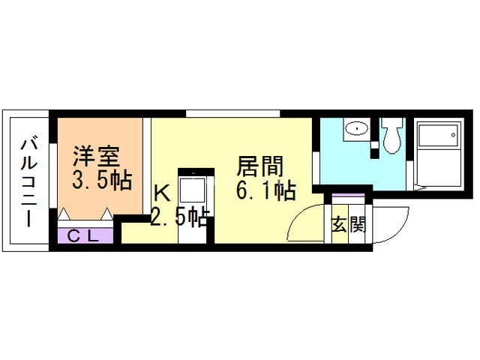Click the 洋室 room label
[x=96, y=157]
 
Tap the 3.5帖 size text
[x=102, y=180]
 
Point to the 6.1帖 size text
[x=264, y=190]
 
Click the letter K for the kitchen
[x=161, y=192]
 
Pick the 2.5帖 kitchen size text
[x=179, y=217]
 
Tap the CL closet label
[x=85, y=235]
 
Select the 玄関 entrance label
[x=348, y=225]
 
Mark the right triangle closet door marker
[x=107, y=214]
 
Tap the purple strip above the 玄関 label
[x=346, y=199]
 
